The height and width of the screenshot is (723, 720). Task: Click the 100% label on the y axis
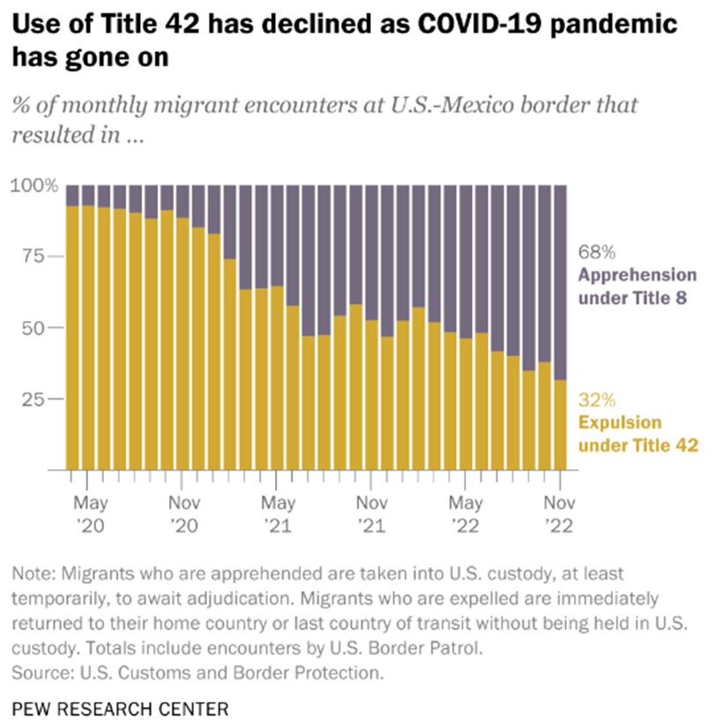click(x=34, y=185)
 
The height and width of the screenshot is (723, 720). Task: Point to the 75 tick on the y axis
click(x=33, y=256)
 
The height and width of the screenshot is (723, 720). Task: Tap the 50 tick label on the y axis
click(x=33, y=328)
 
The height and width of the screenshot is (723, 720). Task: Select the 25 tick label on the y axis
click(x=33, y=399)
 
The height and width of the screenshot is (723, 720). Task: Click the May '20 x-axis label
click(x=91, y=514)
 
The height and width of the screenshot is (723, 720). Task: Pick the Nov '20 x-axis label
click(x=184, y=514)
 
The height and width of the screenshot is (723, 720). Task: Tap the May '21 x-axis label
click(x=278, y=514)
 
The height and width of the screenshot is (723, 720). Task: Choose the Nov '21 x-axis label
click(x=372, y=514)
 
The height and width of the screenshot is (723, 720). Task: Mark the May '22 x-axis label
click(x=466, y=514)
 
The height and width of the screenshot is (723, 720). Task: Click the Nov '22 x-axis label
click(x=560, y=514)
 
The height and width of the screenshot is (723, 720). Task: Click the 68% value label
click(x=597, y=252)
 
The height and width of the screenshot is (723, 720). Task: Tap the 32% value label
click(x=597, y=399)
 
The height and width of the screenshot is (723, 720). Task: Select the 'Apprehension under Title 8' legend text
click(x=637, y=287)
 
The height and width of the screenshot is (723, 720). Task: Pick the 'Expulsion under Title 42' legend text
click(x=638, y=434)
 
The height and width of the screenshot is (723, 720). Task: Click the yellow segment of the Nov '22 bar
click(x=560, y=425)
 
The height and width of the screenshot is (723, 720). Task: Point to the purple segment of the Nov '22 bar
click(x=560, y=283)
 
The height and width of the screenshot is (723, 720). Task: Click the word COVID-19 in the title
click(x=479, y=23)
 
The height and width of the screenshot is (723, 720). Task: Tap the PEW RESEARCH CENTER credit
click(x=121, y=709)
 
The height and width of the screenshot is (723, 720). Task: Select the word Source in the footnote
click(x=41, y=673)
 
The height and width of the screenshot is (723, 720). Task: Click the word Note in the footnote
click(x=33, y=574)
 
